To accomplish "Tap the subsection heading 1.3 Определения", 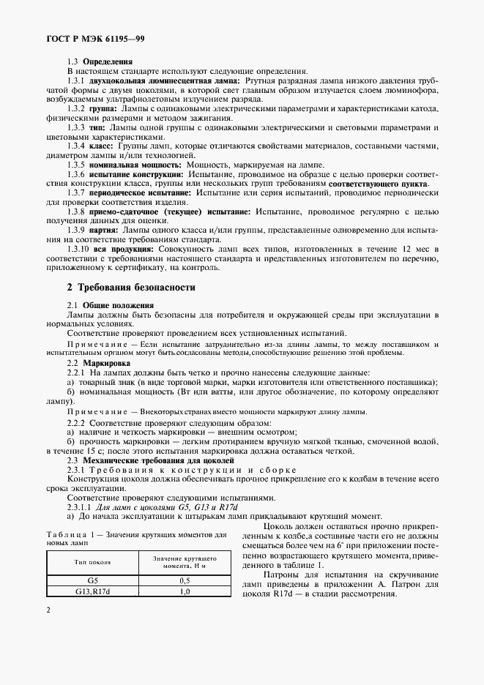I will tap(96, 63).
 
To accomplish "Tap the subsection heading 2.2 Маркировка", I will tap(99, 362).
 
